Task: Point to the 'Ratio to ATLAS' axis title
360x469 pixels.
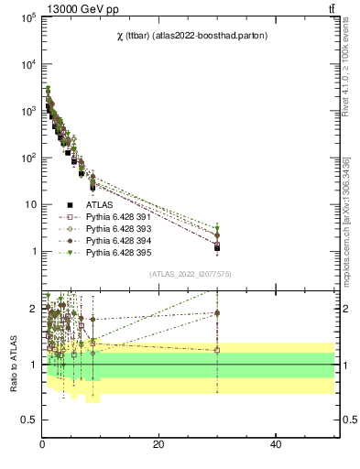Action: pyautogui.click(x=12, y=364)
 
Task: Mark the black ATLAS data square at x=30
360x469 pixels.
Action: pyautogui.click(x=217, y=248)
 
